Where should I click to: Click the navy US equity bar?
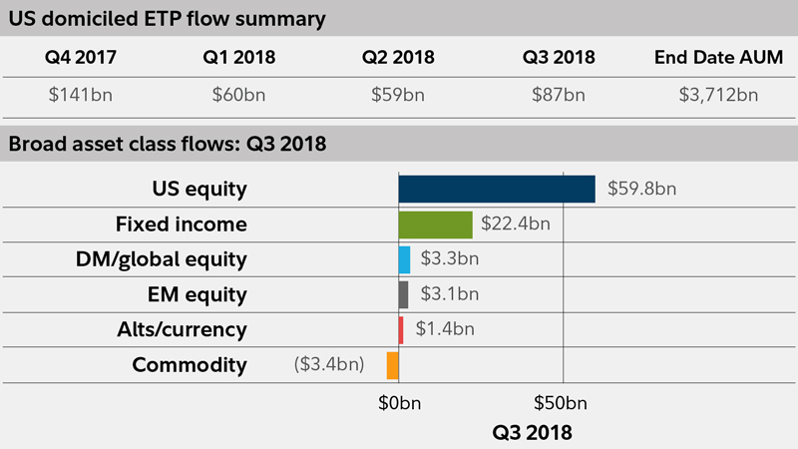coord(497,189)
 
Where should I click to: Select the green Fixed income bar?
coord(435,224)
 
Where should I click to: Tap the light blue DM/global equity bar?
coord(404,259)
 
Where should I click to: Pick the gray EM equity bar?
coord(403,294)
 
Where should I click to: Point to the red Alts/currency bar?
coord(401,329)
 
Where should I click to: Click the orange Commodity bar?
coord(393,365)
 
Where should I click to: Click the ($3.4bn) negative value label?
coord(329,365)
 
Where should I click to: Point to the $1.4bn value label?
coord(445,329)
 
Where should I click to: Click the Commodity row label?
coord(189,365)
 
